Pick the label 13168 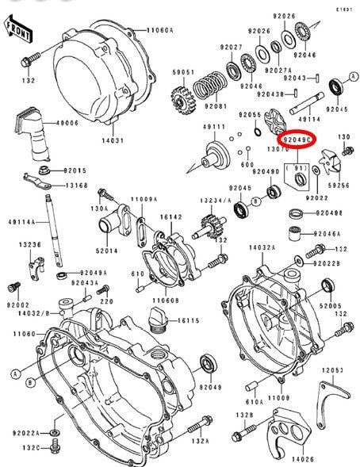76,186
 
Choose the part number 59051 185,73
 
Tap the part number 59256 339,185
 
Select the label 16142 170,216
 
